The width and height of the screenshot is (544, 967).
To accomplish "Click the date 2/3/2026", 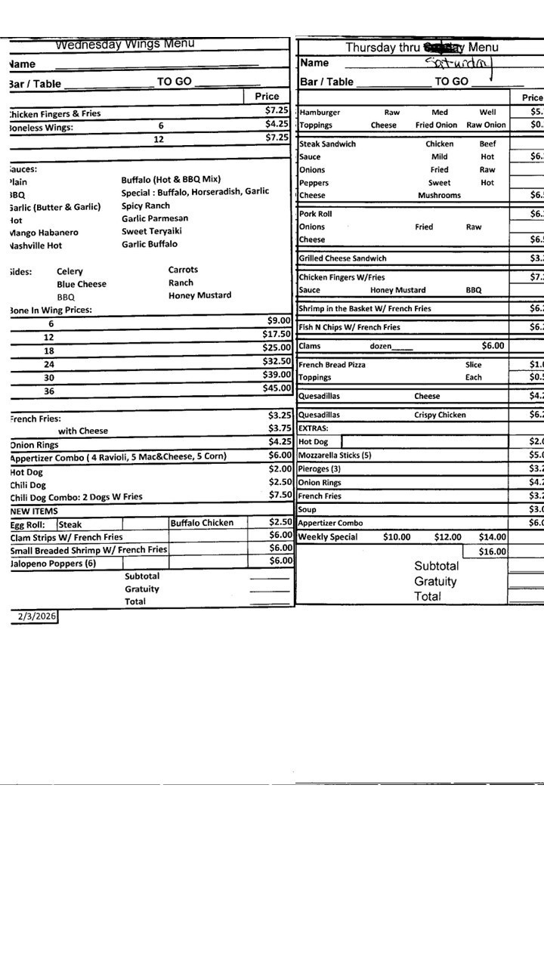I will pos(37,616).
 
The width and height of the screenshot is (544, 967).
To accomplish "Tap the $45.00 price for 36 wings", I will pos(277,388).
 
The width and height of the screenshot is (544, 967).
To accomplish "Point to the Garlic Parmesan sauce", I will pos(155,218).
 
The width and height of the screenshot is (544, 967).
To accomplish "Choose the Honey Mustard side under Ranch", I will pos(199,295).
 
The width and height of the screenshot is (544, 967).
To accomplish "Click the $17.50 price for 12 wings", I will pos(277,334).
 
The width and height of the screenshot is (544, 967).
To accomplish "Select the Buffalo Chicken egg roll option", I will pos(202,523).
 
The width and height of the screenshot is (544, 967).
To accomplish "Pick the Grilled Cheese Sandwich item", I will pos(342,258).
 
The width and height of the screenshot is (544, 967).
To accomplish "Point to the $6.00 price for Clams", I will pos(493,346).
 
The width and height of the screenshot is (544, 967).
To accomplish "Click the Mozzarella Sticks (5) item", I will pos(335,456).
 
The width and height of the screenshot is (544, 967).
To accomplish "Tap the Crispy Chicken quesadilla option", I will pos(440,415).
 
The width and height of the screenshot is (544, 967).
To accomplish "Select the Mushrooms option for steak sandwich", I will pos(439,195).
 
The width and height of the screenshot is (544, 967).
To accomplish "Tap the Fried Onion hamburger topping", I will pos(436,125).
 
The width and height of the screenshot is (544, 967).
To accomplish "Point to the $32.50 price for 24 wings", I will pos(277,361).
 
